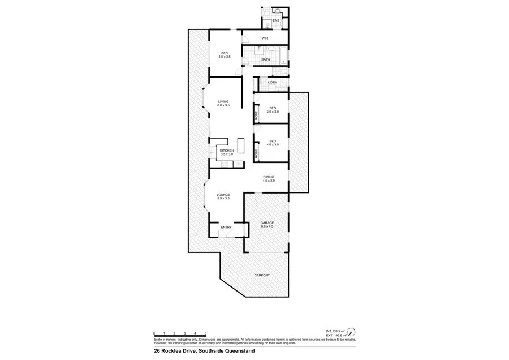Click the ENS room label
pyautogui.click(x=276, y=21)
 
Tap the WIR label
pyautogui.click(x=264, y=38)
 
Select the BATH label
pyautogui.click(x=265, y=59)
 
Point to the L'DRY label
pyautogui.click(x=272, y=83)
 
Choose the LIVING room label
pyautogui.click(x=224, y=102)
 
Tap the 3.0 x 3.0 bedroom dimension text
pyautogui.click(x=273, y=112)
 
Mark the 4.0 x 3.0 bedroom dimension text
pyautogui.click(x=273, y=145)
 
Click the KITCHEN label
pyautogui.click(x=226, y=150)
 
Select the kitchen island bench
pyautogui.click(x=241, y=145)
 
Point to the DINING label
pyautogui.click(x=269, y=177)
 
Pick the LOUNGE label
pyautogui.click(x=223, y=195)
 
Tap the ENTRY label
pyautogui.click(x=226, y=228)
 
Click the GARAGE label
pyautogui.click(x=267, y=222)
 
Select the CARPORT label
pyautogui.click(x=262, y=275)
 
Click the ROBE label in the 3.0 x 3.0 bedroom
pyautogui.click(x=256, y=115)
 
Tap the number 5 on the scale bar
pyautogui.click(x=205, y=333)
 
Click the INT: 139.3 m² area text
pyautogui.click(x=335, y=331)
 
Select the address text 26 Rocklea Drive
pyautogui.click(x=174, y=351)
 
